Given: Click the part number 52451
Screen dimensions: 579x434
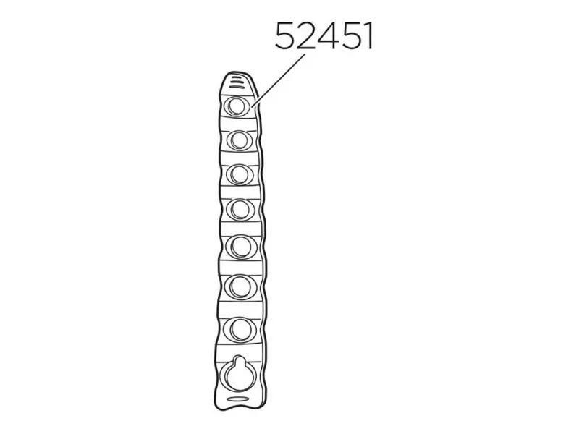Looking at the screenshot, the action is coord(324,35).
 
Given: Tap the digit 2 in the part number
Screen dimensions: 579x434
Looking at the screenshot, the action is coord(305,35).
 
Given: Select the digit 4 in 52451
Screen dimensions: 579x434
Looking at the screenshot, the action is coord(326,35).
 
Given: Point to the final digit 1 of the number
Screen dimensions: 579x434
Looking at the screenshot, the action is coord(368,35).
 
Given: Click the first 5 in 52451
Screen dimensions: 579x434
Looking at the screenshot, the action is coord(284,35).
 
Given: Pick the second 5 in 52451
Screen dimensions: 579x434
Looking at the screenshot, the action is coord(348,35).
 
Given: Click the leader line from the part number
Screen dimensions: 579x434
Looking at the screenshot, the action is coord(279,81).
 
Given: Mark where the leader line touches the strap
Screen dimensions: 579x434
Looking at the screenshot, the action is coord(251,107).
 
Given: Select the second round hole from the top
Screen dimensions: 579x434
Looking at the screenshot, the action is coord(238,140).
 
